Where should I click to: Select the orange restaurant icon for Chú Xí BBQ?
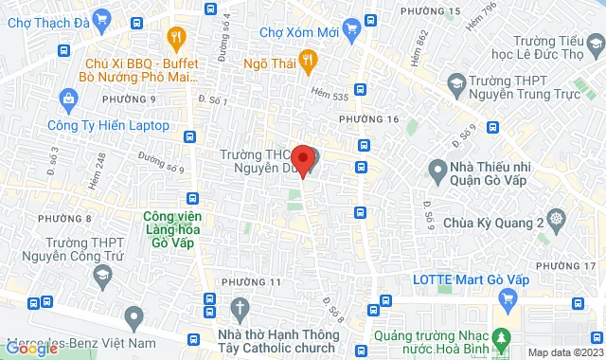click(175, 38)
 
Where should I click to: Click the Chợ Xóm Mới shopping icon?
click(351, 28)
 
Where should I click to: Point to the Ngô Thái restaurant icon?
click(307, 63)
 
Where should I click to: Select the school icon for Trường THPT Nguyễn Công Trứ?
click(100, 275)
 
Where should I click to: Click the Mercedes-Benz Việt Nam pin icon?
click(134, 315)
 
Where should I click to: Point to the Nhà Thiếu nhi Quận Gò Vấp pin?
click(437, 171)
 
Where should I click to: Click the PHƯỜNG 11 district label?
click(251, 282)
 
